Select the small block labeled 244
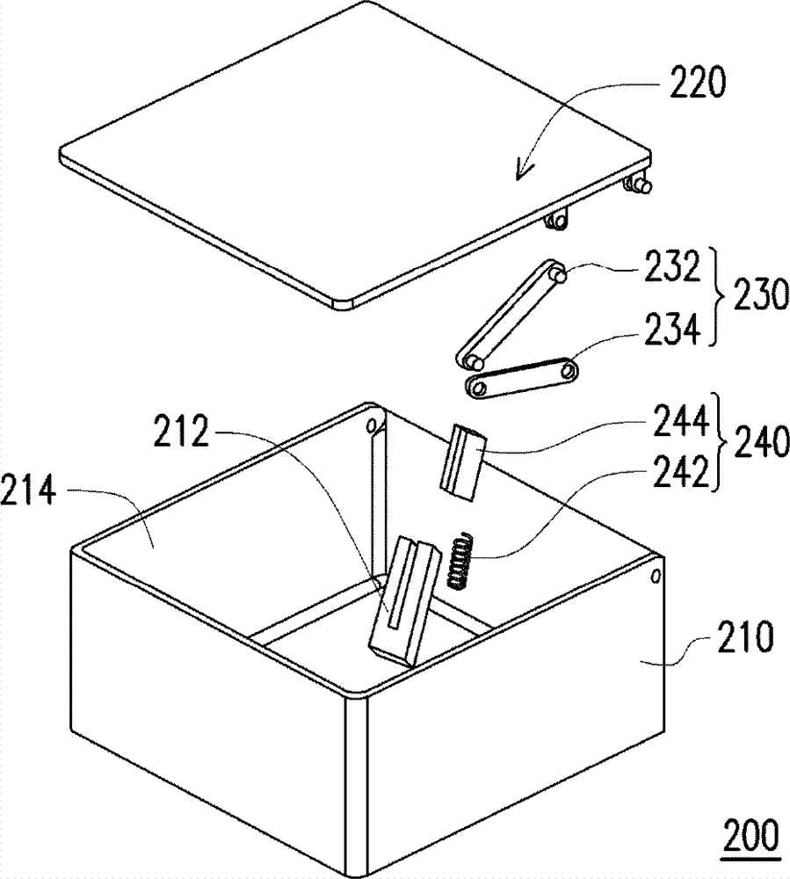[x=460, y=461]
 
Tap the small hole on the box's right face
[x=656, y=576]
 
